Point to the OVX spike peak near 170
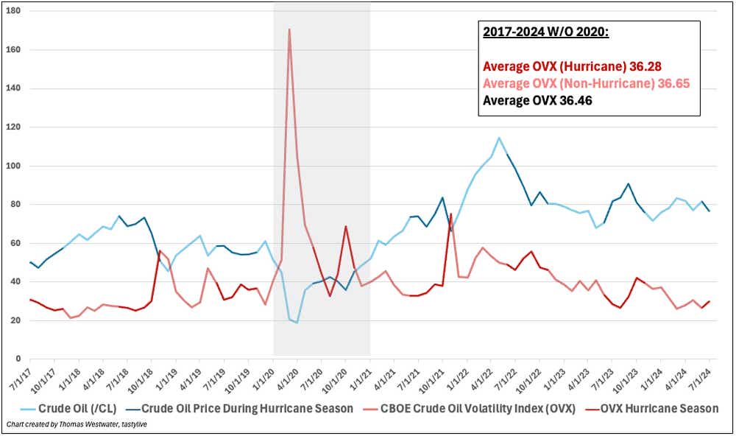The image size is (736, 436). (x=289, y=29)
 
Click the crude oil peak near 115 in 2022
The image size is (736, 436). (x=499, y=138)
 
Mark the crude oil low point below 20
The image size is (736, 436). (x=297, y=323)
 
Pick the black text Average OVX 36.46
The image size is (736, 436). (x=537, y=100)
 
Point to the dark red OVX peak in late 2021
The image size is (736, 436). (x=450, y=214)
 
